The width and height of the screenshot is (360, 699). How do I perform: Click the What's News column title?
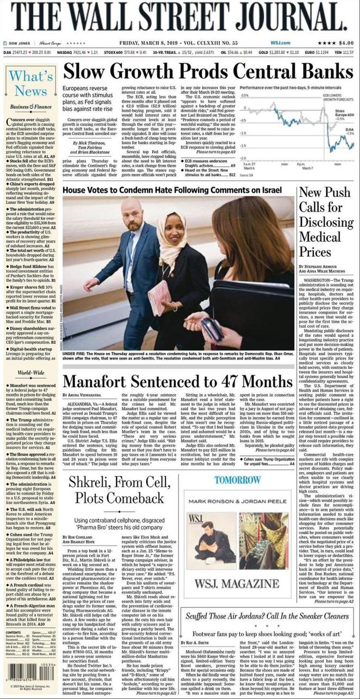[x=31, y=83]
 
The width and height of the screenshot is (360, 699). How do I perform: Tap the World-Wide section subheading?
[x=30, y=373]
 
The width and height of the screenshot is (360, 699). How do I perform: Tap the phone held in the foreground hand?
[x=209, y=328]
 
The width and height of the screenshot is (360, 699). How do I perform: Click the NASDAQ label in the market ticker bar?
[x=64, y=52]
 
